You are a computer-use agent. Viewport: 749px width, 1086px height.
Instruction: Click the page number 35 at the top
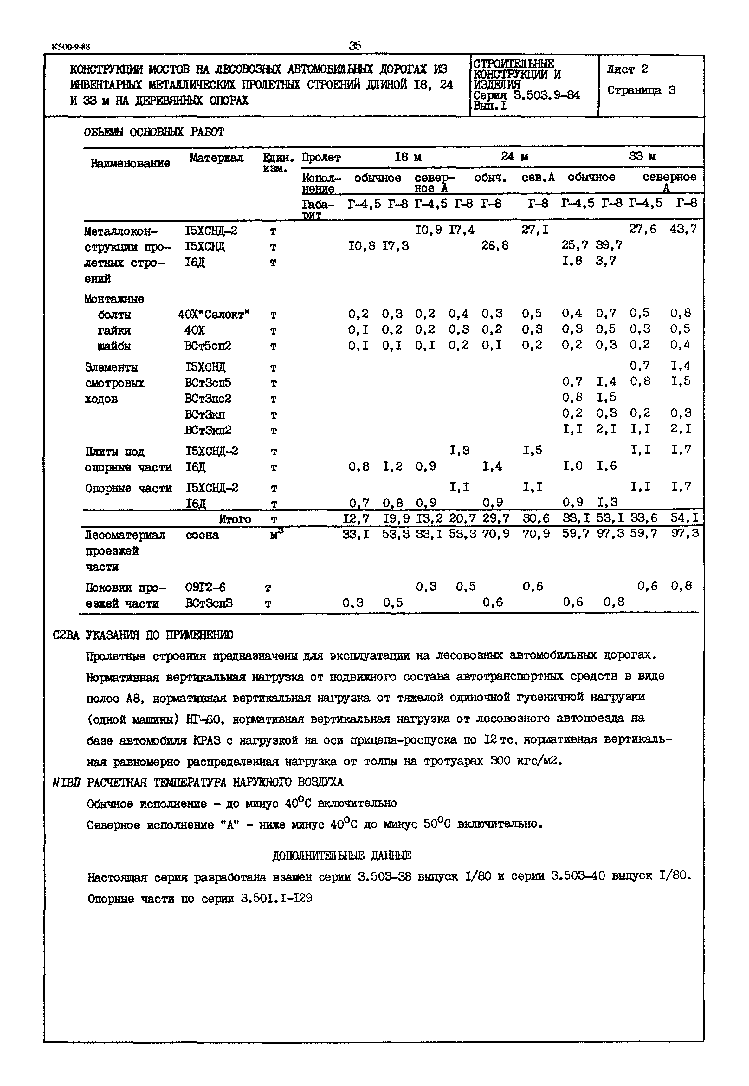(355, 46)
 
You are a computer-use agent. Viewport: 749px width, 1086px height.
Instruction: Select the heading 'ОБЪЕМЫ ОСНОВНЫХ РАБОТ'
(154, 132)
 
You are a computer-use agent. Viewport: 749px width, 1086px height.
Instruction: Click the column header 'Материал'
(216, 158)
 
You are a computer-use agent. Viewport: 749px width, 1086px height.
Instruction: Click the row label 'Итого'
(235, 519)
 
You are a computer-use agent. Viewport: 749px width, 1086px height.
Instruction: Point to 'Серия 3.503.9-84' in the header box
(526, 96)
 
